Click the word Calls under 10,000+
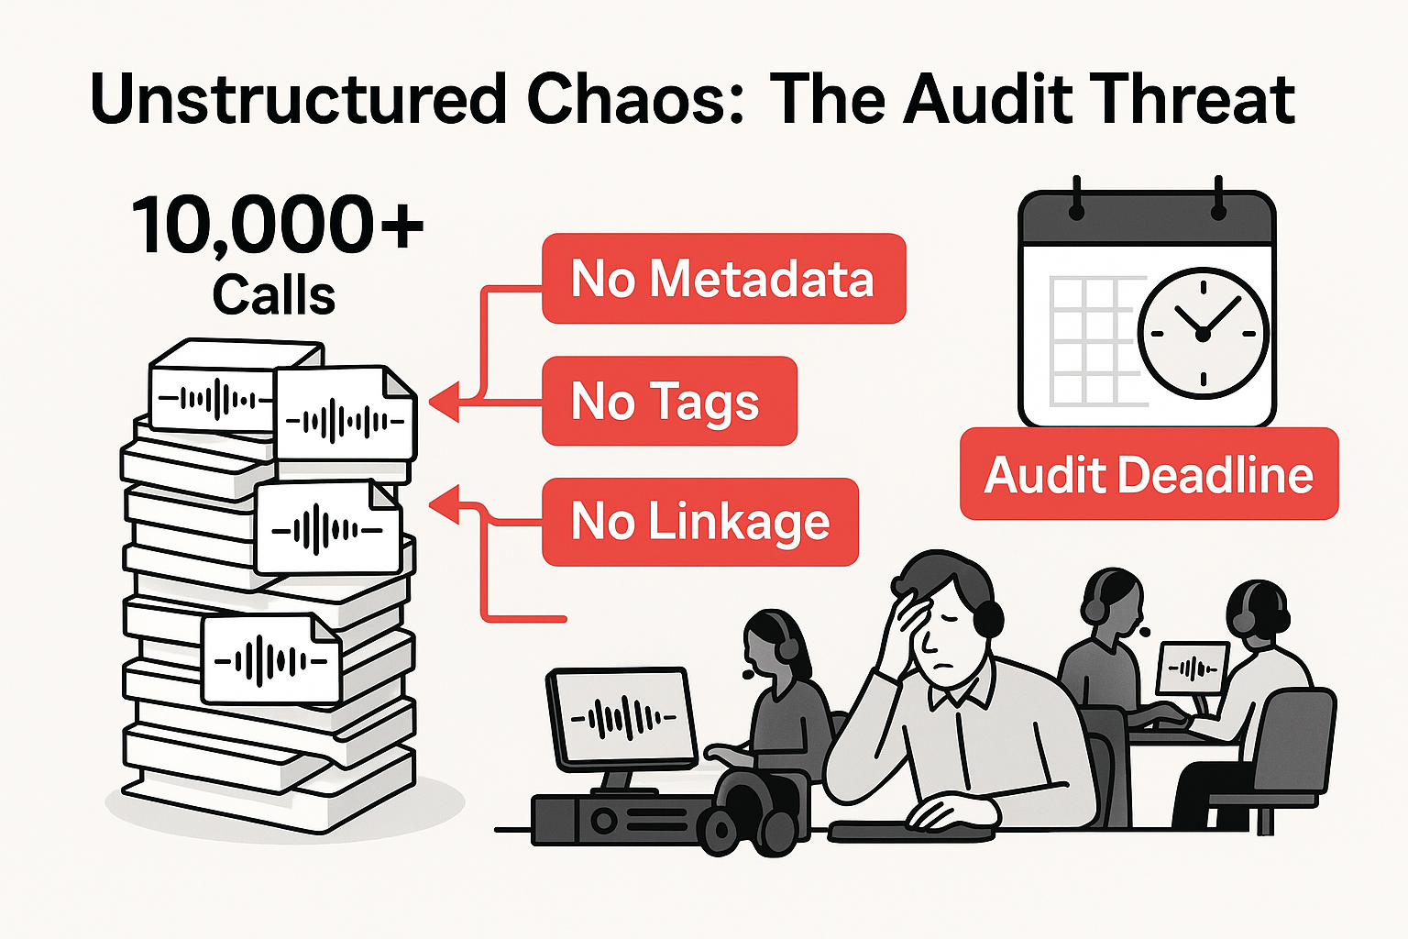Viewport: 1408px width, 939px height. tap(274, 295)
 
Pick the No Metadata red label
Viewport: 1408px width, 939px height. tap(723, 279)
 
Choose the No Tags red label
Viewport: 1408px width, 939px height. tap(668, 401)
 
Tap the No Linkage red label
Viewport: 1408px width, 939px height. tap(700, 522)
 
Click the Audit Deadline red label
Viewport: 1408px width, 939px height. tap(1149, 474)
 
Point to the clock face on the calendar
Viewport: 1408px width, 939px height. tap(1203, 333)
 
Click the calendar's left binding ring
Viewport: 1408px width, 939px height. tap(1076, 203)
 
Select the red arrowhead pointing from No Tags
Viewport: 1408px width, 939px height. tap(444, 402)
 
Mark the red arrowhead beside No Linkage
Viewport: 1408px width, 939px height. tap(444, 505)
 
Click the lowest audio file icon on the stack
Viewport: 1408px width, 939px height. tap(269, 659)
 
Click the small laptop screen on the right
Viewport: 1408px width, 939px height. tap(1193, 668)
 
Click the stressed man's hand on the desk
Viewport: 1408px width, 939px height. tap(944, 811)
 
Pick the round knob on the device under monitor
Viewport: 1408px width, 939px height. tap(604, 820)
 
